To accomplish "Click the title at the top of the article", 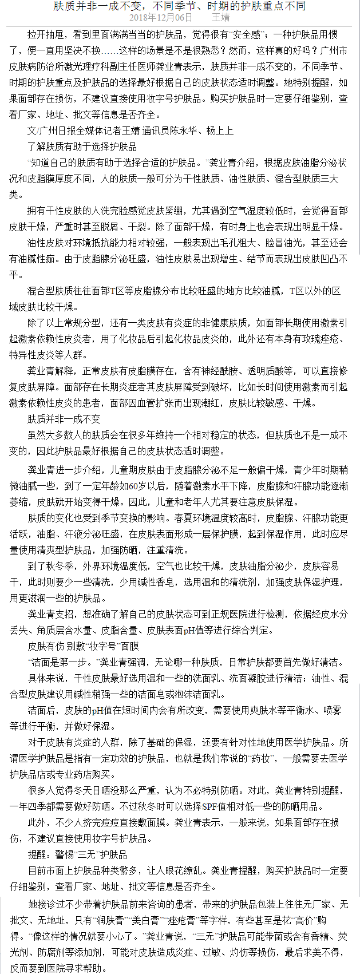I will pyautogui.click(x=180, y=6).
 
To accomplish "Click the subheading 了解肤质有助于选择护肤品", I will pyautogui.click(x=82, y=147).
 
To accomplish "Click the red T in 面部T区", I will pyautogui.click(x=113, y=291).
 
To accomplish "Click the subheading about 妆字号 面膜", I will pyautogui.click(x=84, y=647).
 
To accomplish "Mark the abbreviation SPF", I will pyautogui.click(x=209, y=807).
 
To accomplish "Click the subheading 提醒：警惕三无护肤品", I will pyautogui.click(x=78, y=855).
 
